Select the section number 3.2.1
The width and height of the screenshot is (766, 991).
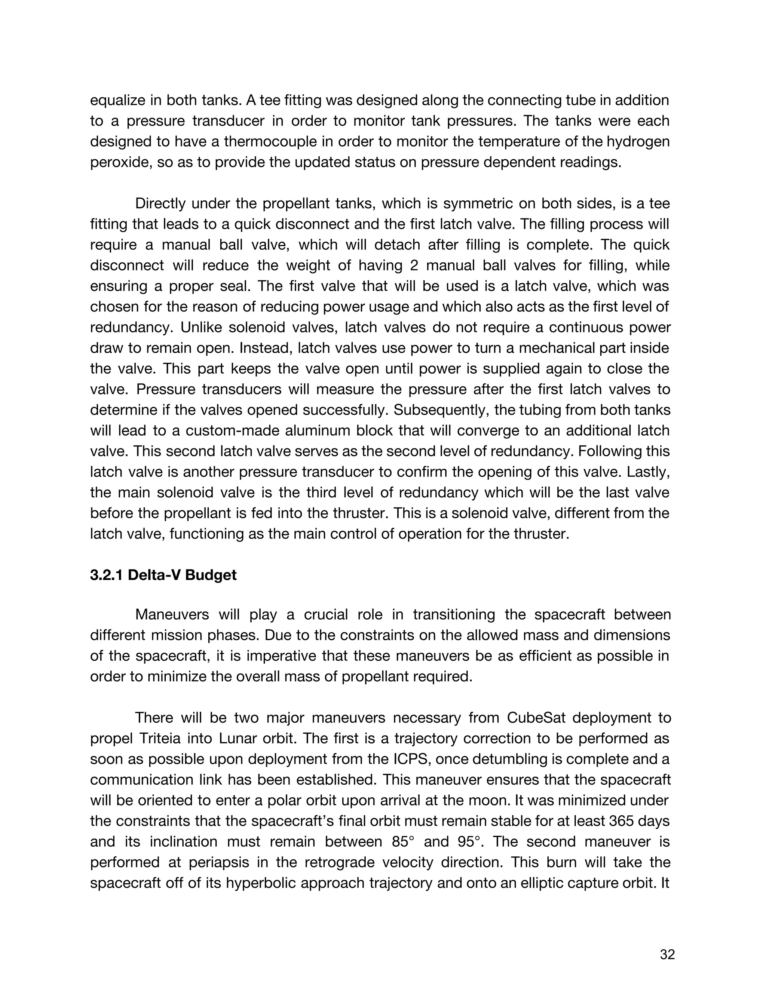pyautogui.click(x=107, y=575)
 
